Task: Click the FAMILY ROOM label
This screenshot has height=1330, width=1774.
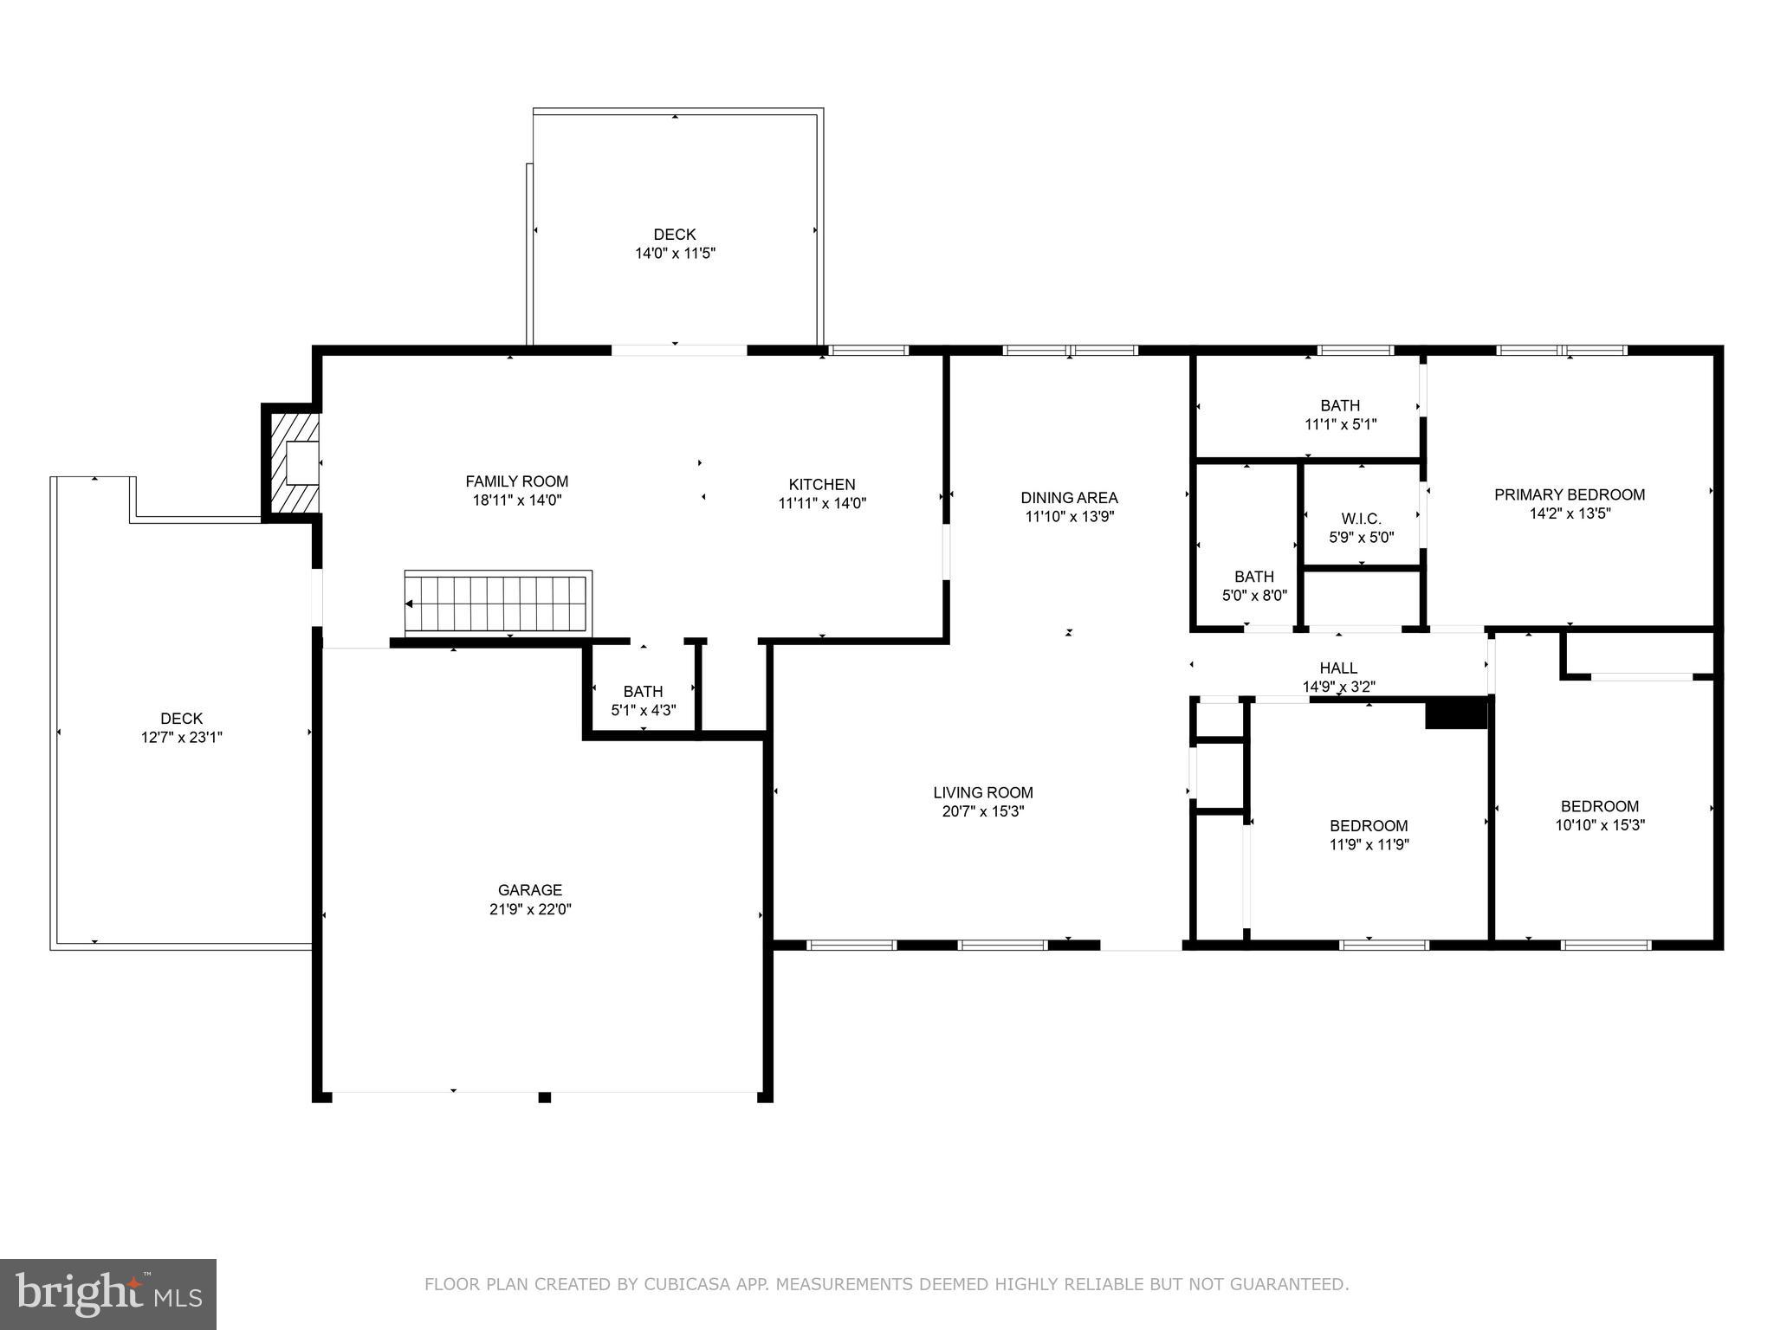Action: click(516, 481)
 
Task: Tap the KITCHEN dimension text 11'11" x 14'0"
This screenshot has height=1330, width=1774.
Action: click(822, 503)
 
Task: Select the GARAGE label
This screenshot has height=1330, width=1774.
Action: click(529, 889)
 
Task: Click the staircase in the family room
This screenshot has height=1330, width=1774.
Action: click(499, 603)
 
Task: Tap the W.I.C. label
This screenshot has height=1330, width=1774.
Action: click(1361, 519)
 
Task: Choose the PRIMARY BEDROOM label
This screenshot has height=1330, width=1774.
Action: click(1569, 494)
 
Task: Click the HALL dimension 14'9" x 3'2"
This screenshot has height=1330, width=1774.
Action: click(1338, 687)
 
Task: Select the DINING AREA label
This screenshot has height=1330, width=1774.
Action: click(1069, 498)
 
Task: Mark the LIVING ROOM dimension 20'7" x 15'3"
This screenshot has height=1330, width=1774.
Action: click(982, 811)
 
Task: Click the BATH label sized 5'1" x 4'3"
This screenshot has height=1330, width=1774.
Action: click(643, 691)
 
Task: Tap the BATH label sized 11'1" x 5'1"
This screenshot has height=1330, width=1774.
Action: click(1340, 405)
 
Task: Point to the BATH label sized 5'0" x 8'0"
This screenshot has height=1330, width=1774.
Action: click(1253, 577)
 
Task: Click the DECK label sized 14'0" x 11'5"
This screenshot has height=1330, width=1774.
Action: click(674, 234)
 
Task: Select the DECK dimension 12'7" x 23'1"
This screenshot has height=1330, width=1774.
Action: click(182, 738)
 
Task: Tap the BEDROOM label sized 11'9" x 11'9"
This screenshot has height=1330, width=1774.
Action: click(1369, 825)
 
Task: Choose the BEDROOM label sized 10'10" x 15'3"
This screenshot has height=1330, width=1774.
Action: click(1599, 806)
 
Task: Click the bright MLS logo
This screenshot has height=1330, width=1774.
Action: click(108, 1294)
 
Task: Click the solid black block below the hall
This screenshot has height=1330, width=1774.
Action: click(1455, 713)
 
